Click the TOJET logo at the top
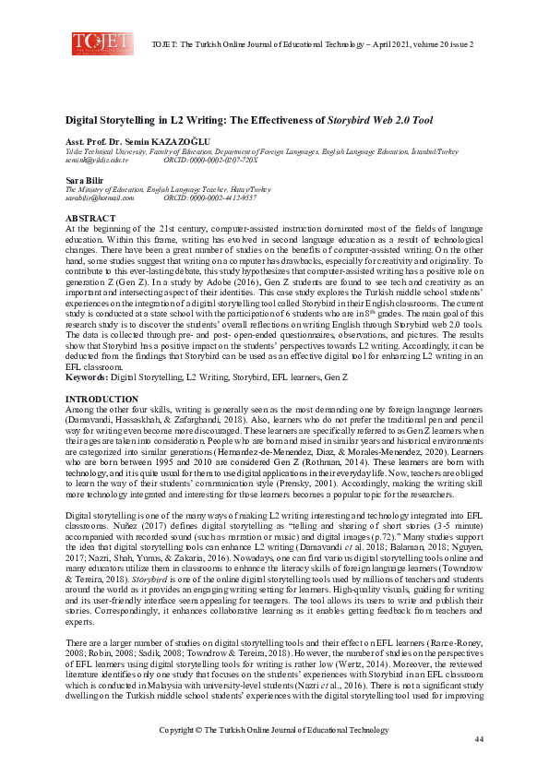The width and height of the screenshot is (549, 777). pyautogui.click(x=97, y=42)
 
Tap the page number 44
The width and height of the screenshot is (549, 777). pyautogui.click(x=479, y=740)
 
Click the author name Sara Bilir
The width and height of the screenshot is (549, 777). pyautogui.click(x=83, y=179)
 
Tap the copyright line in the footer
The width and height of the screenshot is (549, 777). pyautogui.click(x=274, y=730)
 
